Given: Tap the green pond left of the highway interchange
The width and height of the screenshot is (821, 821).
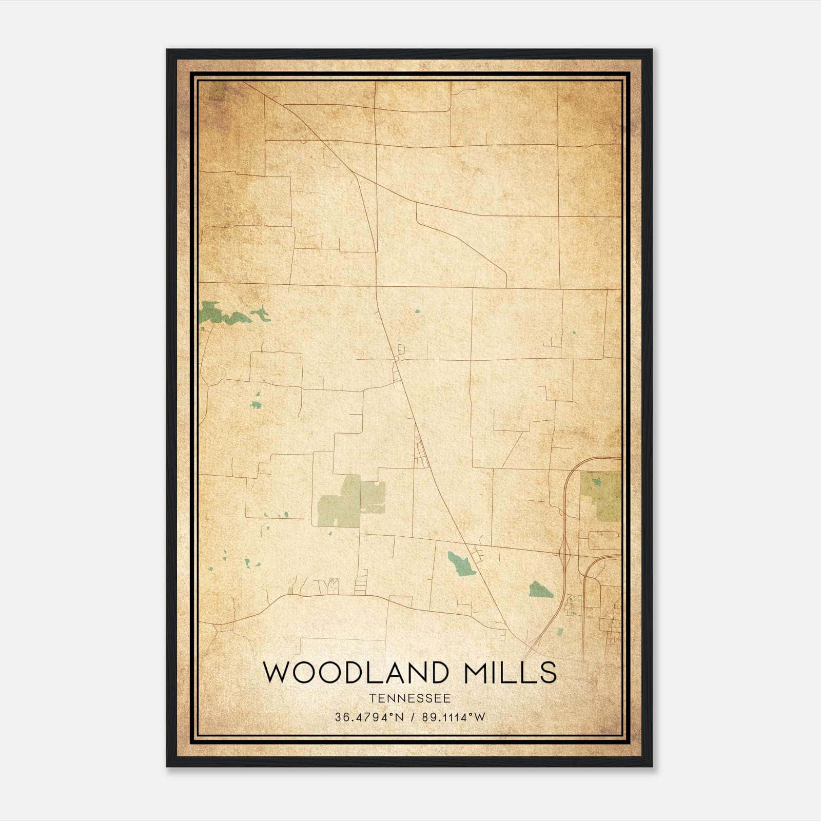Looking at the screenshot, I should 541,590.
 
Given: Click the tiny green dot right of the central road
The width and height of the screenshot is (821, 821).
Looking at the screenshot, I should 417,311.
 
